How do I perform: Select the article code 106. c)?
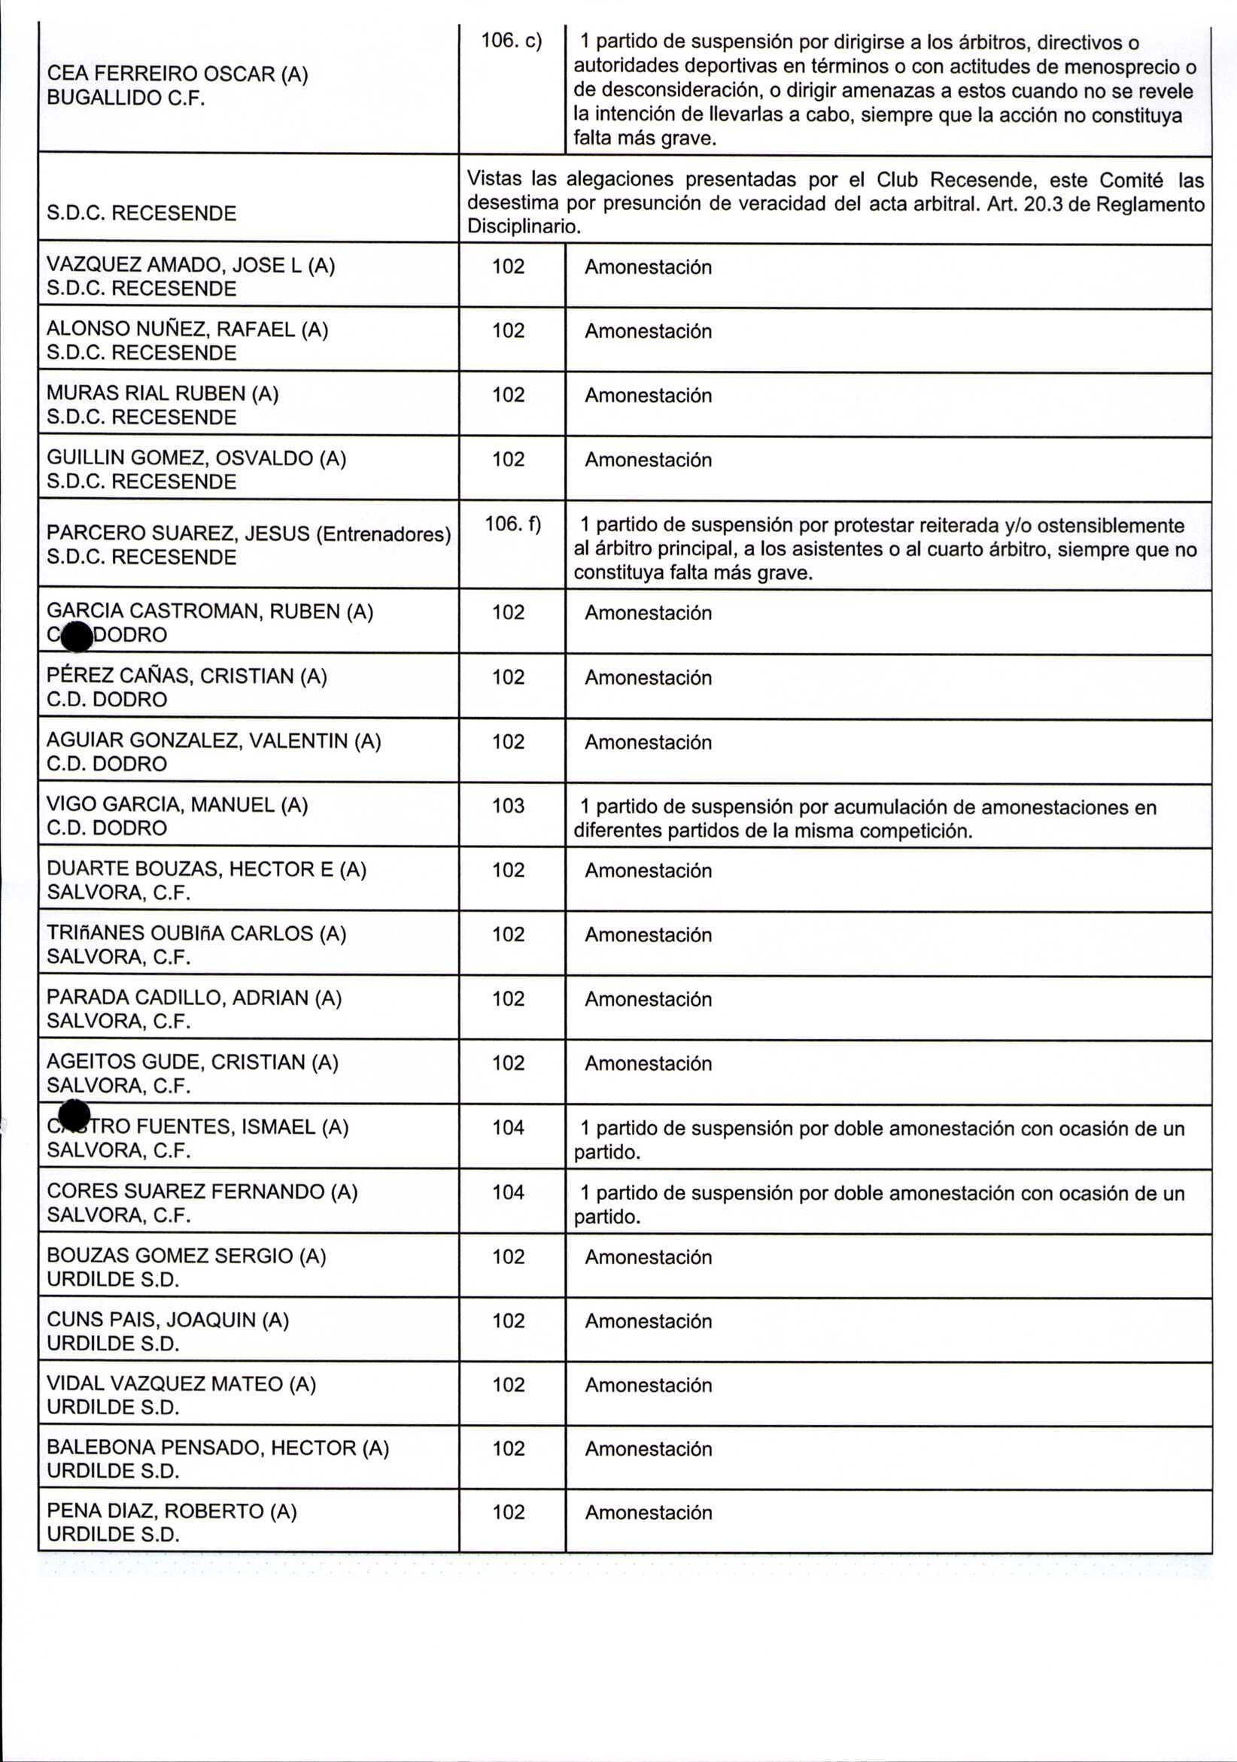click(x=510, y=41)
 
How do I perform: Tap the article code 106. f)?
click(x=512, y=524)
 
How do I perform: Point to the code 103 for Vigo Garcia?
click(x=508, y=806)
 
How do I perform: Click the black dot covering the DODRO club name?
click(x=76, y=636)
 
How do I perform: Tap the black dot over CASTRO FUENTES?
click(x=74, y=1115)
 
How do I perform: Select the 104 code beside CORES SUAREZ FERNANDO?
click(x=508, y=1192)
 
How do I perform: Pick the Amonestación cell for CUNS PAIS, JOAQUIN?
click(x=648, y=1320)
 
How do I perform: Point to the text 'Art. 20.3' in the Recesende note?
click(x=1026, y=204)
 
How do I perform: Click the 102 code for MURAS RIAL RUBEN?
click(x=508, y=394)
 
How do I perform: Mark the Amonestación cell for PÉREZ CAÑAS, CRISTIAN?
click(x=648, y=678)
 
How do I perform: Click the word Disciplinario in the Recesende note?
click(x=521, y=227)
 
